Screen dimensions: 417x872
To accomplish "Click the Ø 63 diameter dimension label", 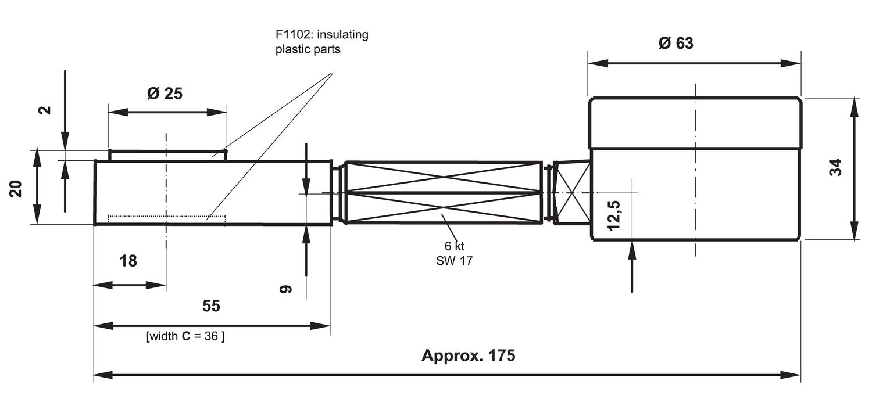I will (x=676, y=43).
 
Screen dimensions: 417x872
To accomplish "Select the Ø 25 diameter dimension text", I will (x=165, y=93).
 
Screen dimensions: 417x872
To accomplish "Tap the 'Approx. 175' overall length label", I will (x=468, y=355).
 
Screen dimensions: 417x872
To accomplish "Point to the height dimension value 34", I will (x=835, y=168).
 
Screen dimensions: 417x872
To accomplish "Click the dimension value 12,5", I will (x=614, y=215).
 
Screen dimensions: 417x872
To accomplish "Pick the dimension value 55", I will (x=211, y=306).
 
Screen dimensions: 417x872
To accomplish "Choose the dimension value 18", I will (x=128, y=261).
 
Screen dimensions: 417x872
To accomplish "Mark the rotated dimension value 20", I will (x=16, y=189).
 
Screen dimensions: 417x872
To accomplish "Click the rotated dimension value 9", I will (x=285, y=289).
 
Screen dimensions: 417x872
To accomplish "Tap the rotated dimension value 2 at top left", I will (x=46, y=110).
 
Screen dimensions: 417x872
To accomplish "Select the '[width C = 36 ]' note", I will (x=185, y=336).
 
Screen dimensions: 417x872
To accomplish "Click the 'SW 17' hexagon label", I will (x=454, y=261).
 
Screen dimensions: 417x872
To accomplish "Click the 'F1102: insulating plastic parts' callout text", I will (x=321, y=42).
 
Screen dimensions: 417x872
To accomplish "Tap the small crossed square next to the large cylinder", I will (x=572, y=192).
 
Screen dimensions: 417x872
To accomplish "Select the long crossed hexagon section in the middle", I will (x=443, y=192).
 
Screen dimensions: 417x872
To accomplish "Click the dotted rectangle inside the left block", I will (x=167, y=218).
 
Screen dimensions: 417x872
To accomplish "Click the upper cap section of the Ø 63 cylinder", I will (x=695, y=123).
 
